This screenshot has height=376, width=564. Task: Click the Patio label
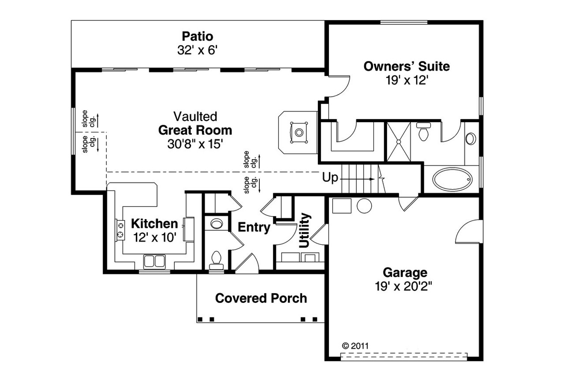click(x=197, y=36)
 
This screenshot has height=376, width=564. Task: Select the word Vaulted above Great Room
click(x=195, y=116)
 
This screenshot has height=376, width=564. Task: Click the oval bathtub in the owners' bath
click(x=453, y=177)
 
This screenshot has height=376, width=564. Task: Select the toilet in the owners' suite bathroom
click(x=424, y=132)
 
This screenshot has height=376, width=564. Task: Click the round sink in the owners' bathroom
click(x=470, y=138)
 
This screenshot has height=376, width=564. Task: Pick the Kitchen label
click(x=154, y=223)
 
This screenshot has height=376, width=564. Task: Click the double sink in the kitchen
click(x=154, y=261)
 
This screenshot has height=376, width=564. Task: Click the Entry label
click(x=254, y=228)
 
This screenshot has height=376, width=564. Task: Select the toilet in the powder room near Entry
click(x=216, y=259)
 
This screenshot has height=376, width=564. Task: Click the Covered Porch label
click(x=261, y=298)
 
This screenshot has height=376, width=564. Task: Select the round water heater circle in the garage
click(x=364, y=206)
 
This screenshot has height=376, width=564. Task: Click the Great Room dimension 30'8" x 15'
click(x=195, y=144)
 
